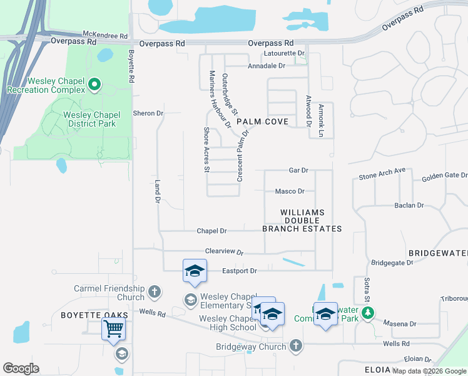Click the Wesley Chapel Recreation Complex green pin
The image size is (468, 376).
pos(94,83)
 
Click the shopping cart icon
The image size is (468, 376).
pos(113,328)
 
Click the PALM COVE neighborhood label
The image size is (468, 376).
pos(262,122)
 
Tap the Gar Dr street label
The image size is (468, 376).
pos(298,170)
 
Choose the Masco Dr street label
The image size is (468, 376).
pos(290,192)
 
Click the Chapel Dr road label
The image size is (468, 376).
pos(211,231)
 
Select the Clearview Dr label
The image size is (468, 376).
pos(223,251)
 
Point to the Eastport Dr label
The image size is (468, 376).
pos(240,271)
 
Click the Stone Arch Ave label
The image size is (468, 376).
pos(382,174)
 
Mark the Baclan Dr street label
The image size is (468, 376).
pos(409,205)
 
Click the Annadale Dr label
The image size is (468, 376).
pos(267,65)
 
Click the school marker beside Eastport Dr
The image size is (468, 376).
pos(194,271)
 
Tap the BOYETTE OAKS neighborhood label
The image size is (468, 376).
pos(94,315)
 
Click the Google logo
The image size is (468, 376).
pos(21,368)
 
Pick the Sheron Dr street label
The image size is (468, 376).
pos(148,113)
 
